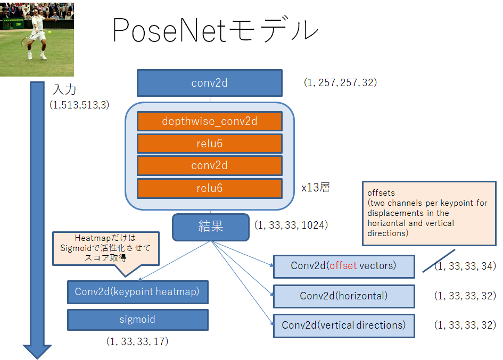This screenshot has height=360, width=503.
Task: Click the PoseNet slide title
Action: click(215, 31)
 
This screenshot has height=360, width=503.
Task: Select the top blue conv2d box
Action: click(210, 83)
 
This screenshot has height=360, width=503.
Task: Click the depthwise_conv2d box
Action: click(210, 121)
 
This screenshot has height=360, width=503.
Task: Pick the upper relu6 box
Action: click(210, 144)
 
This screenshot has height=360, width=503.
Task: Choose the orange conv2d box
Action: click(210, 166)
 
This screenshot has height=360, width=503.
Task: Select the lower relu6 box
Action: click(210, 188)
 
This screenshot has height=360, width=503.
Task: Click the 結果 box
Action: click(210, 227)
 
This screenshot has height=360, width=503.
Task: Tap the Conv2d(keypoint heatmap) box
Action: click(137, 292)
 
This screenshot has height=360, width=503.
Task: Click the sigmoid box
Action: click(137, 320)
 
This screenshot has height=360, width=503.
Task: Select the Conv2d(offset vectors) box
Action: click(343, 266)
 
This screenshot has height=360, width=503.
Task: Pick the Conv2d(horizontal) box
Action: click(343, 296)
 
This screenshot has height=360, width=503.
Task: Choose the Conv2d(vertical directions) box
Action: click(343, 325)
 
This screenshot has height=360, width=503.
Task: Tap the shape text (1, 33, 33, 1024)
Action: click(291, 225)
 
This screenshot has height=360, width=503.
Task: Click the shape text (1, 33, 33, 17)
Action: click(137, 340)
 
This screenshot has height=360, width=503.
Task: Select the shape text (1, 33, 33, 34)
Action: click(465, 266)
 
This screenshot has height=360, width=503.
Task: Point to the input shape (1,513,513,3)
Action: click(79, 105)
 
